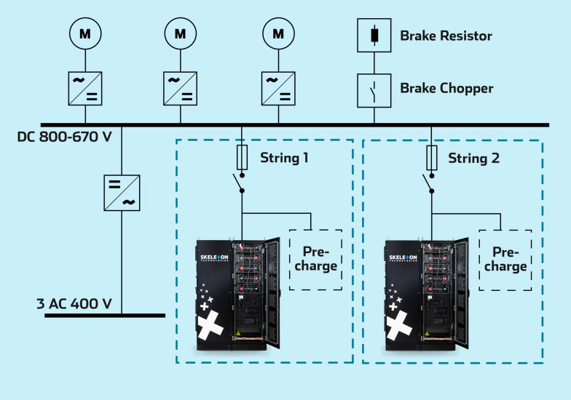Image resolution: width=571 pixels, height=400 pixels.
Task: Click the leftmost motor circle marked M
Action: pyautogui.click(x=86, y=33)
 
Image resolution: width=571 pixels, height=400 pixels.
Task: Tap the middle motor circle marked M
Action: pyautogui.click(x=181, y=33)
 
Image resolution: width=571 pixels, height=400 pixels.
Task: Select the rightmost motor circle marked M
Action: pyautogui.click(x=277, y=33)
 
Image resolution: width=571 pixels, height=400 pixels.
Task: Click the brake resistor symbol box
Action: pyautogui.click(x=374, y=34)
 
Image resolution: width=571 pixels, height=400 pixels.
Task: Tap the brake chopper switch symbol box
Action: pyautogui.click(x=374, y=89)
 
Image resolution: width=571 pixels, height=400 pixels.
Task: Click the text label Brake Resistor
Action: pyautogui.click(x=446, y=35)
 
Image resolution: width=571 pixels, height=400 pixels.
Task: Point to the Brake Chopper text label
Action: pyautogui.click(x=446, y=88)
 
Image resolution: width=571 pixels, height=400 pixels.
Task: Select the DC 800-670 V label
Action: pyautogui.click(x=64, y=136)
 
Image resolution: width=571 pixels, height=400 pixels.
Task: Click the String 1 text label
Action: pyautogui.click(x=285, y=157)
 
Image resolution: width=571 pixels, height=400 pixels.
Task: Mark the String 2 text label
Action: pyautogui.click(x=473, y=157)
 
